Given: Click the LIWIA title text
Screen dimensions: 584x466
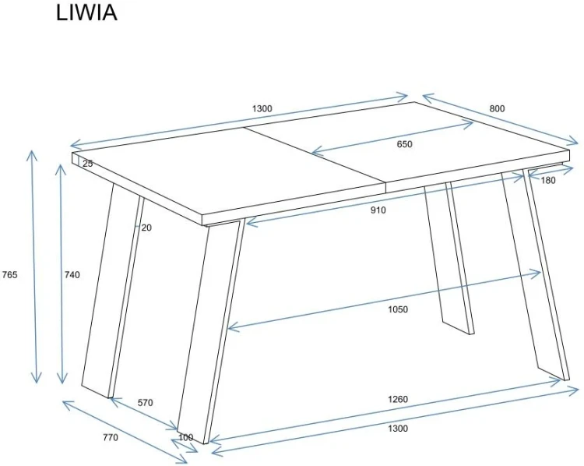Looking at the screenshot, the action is [x=86, y=12].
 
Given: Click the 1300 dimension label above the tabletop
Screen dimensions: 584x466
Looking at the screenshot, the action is [x=262, y=108].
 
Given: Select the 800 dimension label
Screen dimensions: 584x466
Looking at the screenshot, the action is [x=497, y=108].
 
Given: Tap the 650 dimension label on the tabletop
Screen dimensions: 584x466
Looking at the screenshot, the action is [x=404, y=144].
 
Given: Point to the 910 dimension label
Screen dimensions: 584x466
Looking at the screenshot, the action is [x=378, y=210].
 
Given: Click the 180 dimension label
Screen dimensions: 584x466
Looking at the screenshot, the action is [x=548, y=181].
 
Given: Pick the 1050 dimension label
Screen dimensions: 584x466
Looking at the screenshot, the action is [x=398, y=309].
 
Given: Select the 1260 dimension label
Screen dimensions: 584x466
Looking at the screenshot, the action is [x=398, y=399].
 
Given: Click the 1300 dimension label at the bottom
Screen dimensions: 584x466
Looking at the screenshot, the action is [x=398, y=429].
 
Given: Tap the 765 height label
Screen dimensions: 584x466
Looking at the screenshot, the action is [x=9, y=275].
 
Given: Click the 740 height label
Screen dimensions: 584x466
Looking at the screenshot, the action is [x=72, y=275].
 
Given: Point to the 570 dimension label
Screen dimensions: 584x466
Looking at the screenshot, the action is [x=146, y=403].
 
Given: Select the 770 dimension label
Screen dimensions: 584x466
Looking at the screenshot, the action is [x=111, y=437].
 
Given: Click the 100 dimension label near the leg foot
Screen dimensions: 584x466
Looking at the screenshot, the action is [x=186, y=437].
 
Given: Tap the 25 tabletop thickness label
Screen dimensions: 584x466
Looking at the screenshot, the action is [x=87, y=164].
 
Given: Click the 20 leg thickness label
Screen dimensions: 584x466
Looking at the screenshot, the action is [x=146, y=228].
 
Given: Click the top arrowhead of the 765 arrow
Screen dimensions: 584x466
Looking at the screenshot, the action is [x=32, y=152].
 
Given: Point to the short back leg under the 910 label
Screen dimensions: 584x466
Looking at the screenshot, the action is [x=449, y=257].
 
